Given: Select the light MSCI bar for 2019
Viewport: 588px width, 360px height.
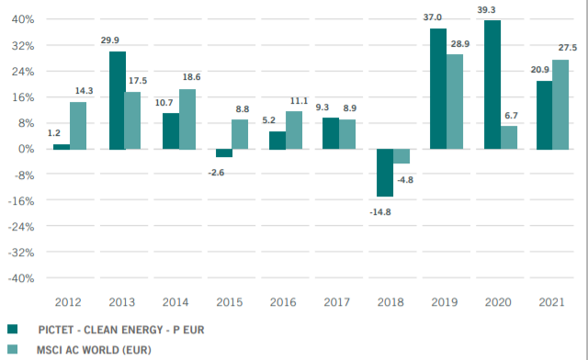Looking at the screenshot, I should (455, 101).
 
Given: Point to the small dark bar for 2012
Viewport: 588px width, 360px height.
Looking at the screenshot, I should (62, 146).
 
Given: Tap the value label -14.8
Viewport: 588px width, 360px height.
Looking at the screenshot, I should (379, 212).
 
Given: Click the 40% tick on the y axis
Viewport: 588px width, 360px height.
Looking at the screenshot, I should (22, 19).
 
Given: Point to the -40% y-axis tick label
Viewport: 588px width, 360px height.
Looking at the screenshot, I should (20, 277).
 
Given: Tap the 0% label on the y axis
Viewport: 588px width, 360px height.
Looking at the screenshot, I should (26, 149).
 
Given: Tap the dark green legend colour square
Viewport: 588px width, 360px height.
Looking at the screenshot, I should (13, 329).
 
